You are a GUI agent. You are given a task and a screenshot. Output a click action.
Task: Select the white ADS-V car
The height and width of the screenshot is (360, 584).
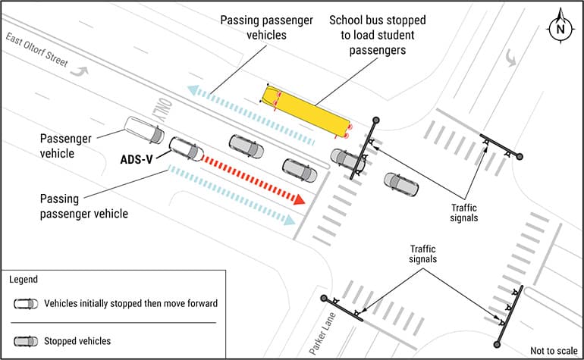point(186,149)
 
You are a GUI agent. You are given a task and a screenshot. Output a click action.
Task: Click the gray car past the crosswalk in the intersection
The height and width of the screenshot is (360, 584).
point(400,183)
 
